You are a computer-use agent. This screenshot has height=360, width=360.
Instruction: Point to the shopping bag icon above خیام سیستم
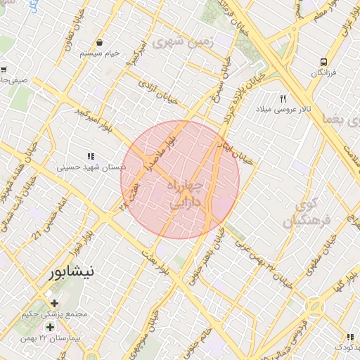[x=100, y=43]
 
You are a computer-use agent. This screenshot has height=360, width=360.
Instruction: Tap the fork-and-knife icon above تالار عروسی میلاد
[x=283, y=98]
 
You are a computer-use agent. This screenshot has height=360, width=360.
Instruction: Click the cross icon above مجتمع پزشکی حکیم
[x=54, y=303]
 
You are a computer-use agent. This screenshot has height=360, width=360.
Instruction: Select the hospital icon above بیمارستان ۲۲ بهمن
[x=50, y=328]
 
